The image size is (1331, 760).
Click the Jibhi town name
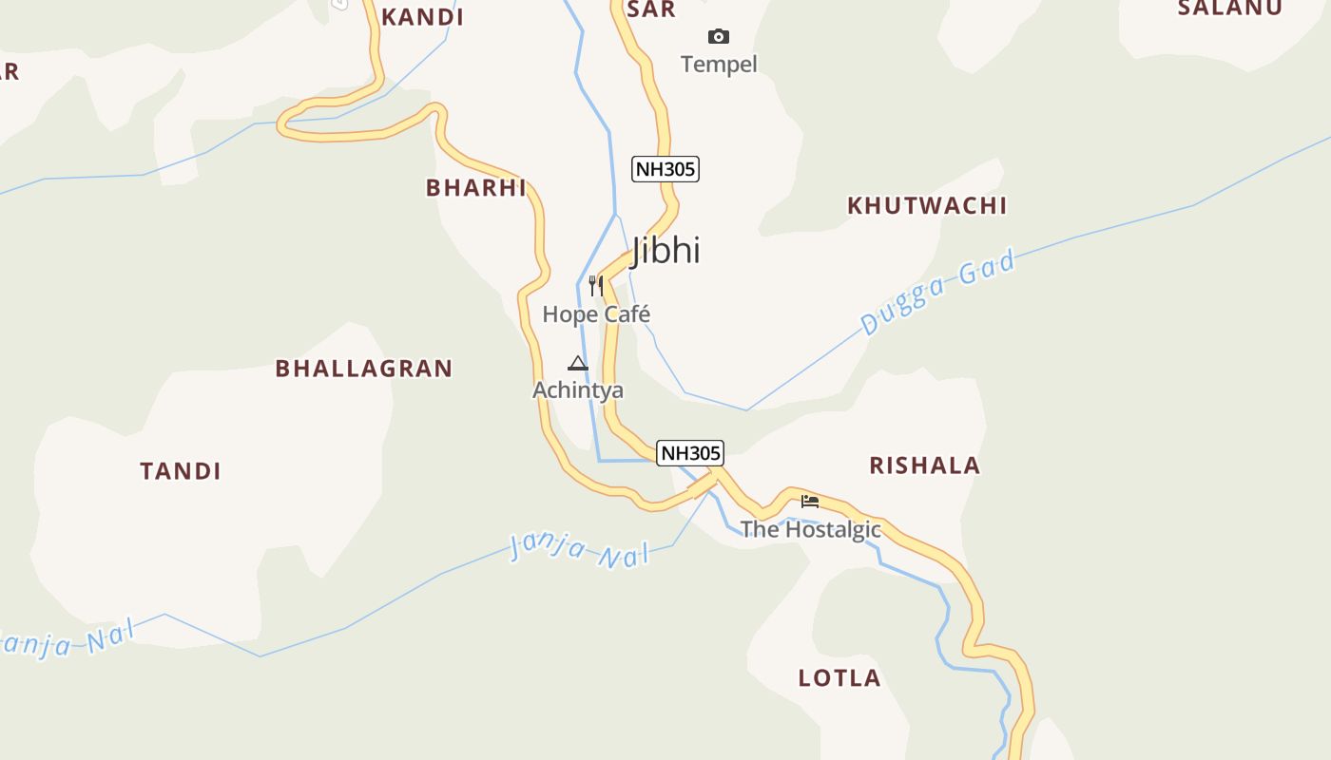pos(665,250)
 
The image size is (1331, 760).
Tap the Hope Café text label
pos(596,313)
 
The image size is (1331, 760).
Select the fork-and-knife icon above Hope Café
pos(596,285)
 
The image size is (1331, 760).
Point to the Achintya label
pos(578,390)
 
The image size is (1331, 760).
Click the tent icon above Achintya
pos(577,363)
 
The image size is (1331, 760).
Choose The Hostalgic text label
pos(811,529)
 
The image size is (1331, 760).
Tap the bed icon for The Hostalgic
pos(810,501)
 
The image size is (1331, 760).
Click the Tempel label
pos(719,65)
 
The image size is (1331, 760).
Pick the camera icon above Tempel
pos(719,37)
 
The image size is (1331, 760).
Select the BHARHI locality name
pos(476,188)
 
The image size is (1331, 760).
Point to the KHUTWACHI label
pos(927,205)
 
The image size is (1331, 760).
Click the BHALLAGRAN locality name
pos(364,369)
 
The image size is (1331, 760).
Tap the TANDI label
pos(181,471)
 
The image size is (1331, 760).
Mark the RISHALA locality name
pos(925,465)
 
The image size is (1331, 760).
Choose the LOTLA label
pos(839,678)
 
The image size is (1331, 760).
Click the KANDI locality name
pos(422,17)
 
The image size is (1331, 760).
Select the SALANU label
pos(1230,9)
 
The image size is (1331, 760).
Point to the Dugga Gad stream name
pos(938,292)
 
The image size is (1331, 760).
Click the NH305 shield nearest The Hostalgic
pos(691,453)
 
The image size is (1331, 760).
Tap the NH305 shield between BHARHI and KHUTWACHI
pos(665,170)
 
